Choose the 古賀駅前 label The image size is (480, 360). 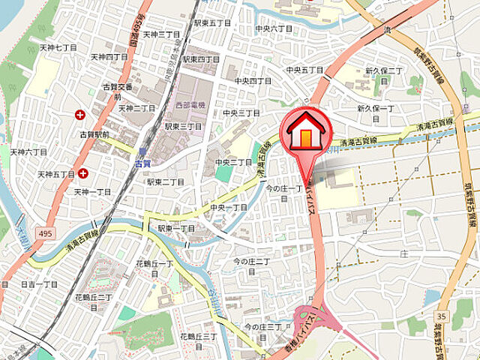(x=94, y=134)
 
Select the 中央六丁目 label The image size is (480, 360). (x=273, y=28)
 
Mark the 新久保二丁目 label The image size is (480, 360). (x=384, y=76)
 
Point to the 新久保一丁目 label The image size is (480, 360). (x=375, y=108)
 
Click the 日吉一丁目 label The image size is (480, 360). (x=39, y=285)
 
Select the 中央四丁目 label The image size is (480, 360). (x=253, y=80)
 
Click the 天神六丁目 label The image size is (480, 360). (x=29, y=151)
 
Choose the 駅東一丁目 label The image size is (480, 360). (x=176, y=228)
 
